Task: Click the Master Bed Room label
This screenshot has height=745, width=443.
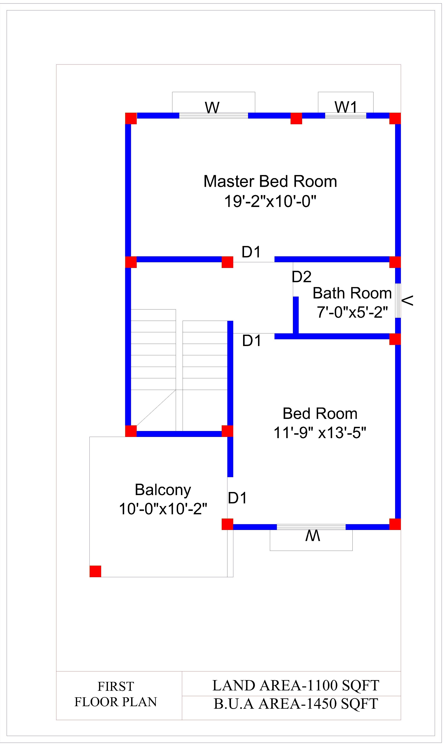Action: [x=270, y=181]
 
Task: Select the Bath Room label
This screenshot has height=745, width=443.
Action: [x=352, y=293]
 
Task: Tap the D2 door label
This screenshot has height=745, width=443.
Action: [x=301, y=276]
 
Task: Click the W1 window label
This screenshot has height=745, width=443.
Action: [x=346, y=107]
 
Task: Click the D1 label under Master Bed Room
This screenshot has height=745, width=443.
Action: [x=251, y=252]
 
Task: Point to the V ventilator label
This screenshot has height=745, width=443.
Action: [x=407, y=300]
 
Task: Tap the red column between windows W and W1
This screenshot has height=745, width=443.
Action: [x=296, y=118]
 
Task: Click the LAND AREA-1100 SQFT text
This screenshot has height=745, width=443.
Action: [x=295, y=685]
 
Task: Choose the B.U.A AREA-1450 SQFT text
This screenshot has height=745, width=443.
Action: [x=296, y=703]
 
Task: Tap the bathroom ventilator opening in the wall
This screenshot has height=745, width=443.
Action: [x=398, y=300]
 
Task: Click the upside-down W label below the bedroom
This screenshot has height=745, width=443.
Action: [x=313, y=536]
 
